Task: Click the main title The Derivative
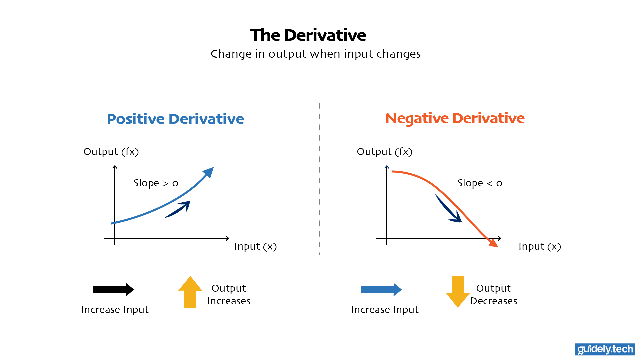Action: (x=308, y=35)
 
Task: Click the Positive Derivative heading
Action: (x=175, y=119)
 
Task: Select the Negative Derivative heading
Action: (x=455, y=118)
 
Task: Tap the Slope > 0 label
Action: (x=156, y=183)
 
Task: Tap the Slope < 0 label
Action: (x=479, y=183)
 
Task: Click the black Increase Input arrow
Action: (x=113, y=289)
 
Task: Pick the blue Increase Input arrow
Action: (x=381, y=289)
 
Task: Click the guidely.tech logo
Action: (x=605, y=349)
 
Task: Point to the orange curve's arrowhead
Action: (x=494, y=243)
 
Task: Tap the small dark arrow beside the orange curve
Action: (x=450, y=210)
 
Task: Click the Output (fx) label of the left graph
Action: (x=111, y=152)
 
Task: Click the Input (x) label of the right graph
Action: (x=540, y=246)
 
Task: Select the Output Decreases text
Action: (x=493, y=294)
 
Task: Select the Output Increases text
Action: (x=229, y=294)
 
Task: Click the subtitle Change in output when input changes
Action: (x=315, y=54)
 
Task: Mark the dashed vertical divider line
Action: (x=319, y=180)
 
